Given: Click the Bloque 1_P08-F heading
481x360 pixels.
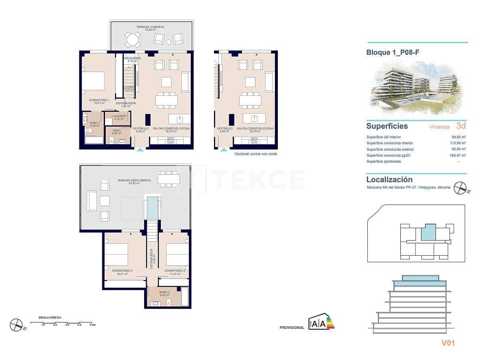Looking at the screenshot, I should (393, 52).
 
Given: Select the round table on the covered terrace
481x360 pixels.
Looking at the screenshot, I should (133, 39).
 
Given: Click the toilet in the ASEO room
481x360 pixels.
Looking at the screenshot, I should (112, 140).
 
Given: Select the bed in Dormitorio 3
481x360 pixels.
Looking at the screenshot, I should (116, 255).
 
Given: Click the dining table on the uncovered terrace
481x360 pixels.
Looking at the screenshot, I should (169, 179).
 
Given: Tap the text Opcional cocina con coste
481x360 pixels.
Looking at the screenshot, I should (255, 154).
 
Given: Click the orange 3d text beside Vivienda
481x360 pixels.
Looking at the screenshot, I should (461, 126).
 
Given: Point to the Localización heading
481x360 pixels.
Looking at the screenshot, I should (389, 180).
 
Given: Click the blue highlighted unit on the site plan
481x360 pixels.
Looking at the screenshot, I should (428, 232).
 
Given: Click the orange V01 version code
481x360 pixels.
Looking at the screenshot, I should (448, 343).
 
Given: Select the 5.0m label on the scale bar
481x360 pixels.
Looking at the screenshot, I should (92, 325).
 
